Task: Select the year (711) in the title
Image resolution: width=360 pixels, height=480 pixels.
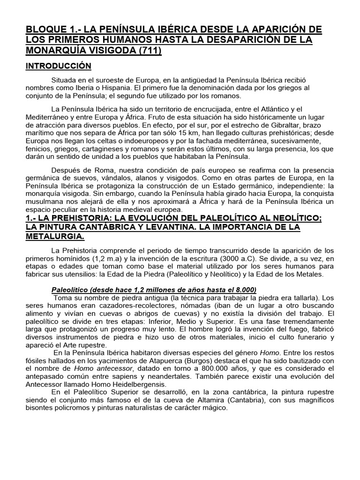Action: coord(149,50)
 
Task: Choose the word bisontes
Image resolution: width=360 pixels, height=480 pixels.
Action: coord(41,408)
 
